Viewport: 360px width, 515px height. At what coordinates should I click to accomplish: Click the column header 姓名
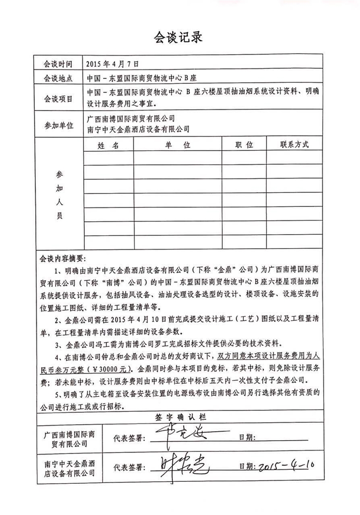[108, 145]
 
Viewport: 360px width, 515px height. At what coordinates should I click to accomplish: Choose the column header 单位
[178, 145]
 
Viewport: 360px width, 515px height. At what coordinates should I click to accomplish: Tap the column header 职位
[244, 145]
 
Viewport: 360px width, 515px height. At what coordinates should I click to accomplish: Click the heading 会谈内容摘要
[63, 259]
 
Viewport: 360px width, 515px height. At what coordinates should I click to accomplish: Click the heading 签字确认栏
[180, 416]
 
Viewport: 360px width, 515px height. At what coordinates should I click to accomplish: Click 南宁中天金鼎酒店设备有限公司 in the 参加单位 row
[138, 129]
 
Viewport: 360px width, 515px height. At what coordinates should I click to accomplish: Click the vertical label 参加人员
[60, 195]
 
